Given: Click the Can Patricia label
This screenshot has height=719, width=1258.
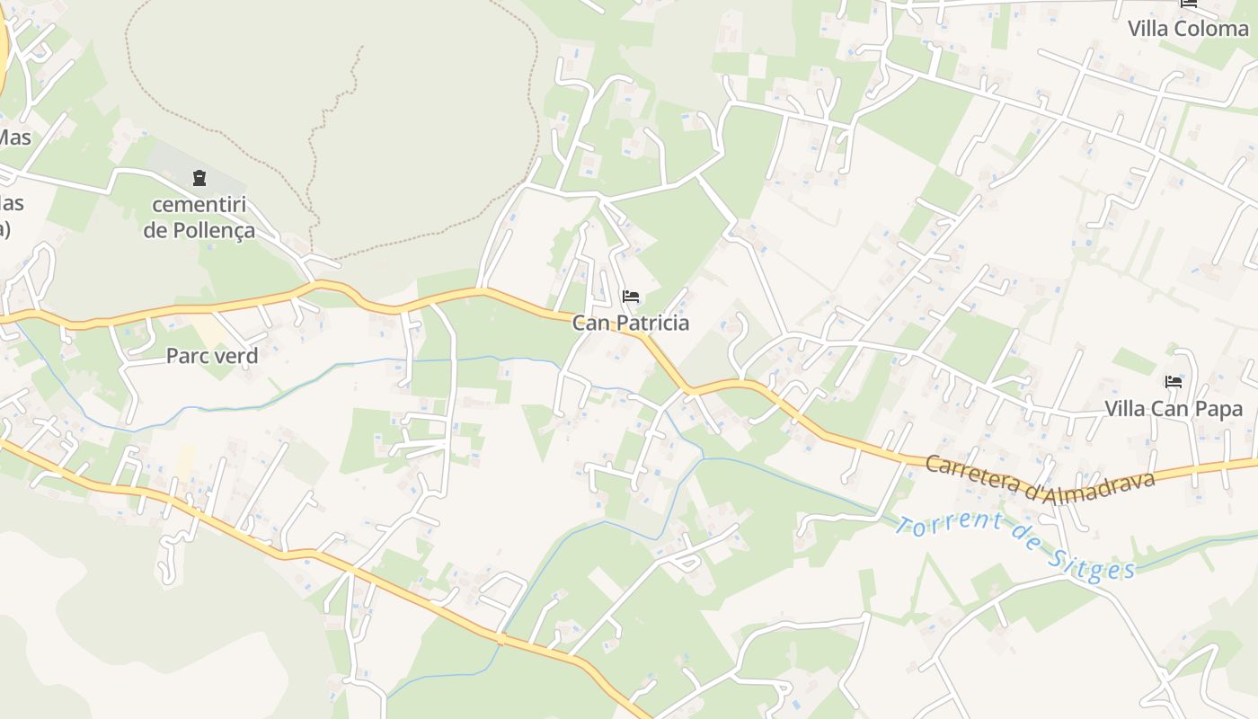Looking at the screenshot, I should [x=631, y=324].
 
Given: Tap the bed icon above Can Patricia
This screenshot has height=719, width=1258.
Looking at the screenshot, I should [x=631, y=297].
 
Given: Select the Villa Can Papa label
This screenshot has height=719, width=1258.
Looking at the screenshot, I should [x=1174, y=409].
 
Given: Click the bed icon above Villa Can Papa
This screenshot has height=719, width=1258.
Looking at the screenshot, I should [x=1174, y=382].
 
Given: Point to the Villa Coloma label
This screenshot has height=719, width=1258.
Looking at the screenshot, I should [x=1188, y=29].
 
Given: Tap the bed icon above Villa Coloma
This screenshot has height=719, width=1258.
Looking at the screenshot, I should [x=1189, y=4].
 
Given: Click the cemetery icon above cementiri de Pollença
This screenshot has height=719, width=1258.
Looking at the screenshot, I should [x=199, y=178].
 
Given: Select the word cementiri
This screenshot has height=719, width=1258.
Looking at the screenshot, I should [x=199, y=205].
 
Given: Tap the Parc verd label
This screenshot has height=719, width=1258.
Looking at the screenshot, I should [x=212, y=356].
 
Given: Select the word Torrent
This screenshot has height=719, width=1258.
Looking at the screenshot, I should [x=942, y=526].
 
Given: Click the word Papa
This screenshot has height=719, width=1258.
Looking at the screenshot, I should [x=1219, y=409].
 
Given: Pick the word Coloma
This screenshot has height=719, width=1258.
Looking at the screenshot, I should [x=1213, y=29].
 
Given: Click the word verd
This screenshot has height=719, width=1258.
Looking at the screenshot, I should [x=236, y=356].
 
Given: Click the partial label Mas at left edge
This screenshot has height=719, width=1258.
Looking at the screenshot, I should [x=14, y=138].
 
